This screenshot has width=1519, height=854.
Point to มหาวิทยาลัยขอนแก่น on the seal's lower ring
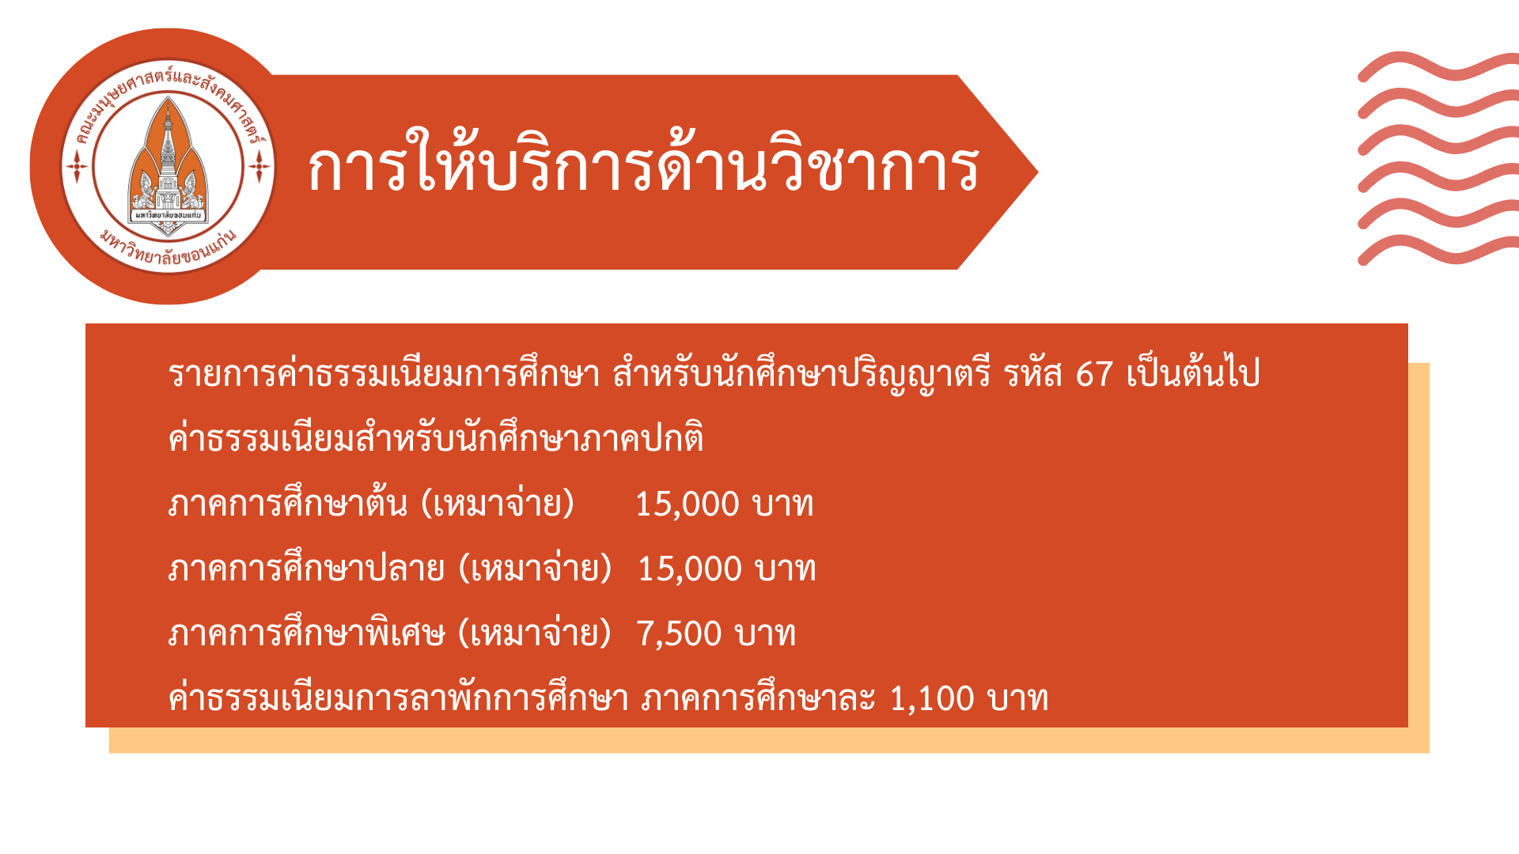tap(169, 248)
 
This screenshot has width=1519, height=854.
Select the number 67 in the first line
tap(1094, 374)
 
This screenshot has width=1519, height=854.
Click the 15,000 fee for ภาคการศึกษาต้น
tap(687, 504)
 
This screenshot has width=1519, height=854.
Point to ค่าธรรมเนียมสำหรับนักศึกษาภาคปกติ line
tap(436, 437)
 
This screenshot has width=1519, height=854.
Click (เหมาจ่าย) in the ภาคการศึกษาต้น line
tap(498, 504)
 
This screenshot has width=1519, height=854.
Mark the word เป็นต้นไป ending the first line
tap(1193, 372)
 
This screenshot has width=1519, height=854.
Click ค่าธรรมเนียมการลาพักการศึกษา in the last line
tap(399, 697)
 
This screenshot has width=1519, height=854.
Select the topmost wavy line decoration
tap(1438, 66)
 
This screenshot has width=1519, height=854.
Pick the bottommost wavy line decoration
tap(1438, 250)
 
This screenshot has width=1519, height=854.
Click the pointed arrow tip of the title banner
tap(1037, 172)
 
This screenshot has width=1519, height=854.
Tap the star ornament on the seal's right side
tap(259, 167)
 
